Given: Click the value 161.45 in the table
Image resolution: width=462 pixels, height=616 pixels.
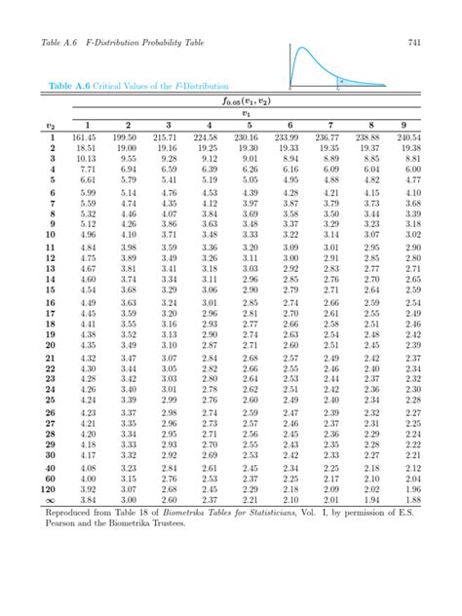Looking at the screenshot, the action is (x=86, y=137).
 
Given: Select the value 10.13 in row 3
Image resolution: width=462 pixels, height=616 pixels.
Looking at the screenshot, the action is (x=86, y=157).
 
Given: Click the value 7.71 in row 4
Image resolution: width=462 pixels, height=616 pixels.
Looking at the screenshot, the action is (x=88, y=168).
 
